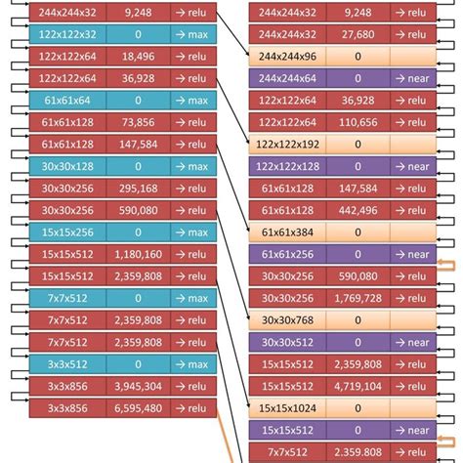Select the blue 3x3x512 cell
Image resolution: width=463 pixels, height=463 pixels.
pyautogui.click(x=55, y=364)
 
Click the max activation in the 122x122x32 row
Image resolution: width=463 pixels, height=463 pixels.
pyautogui.click(x=191, y=33)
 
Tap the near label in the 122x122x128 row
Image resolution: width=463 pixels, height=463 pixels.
pyautogui.click(x=412, y=166)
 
